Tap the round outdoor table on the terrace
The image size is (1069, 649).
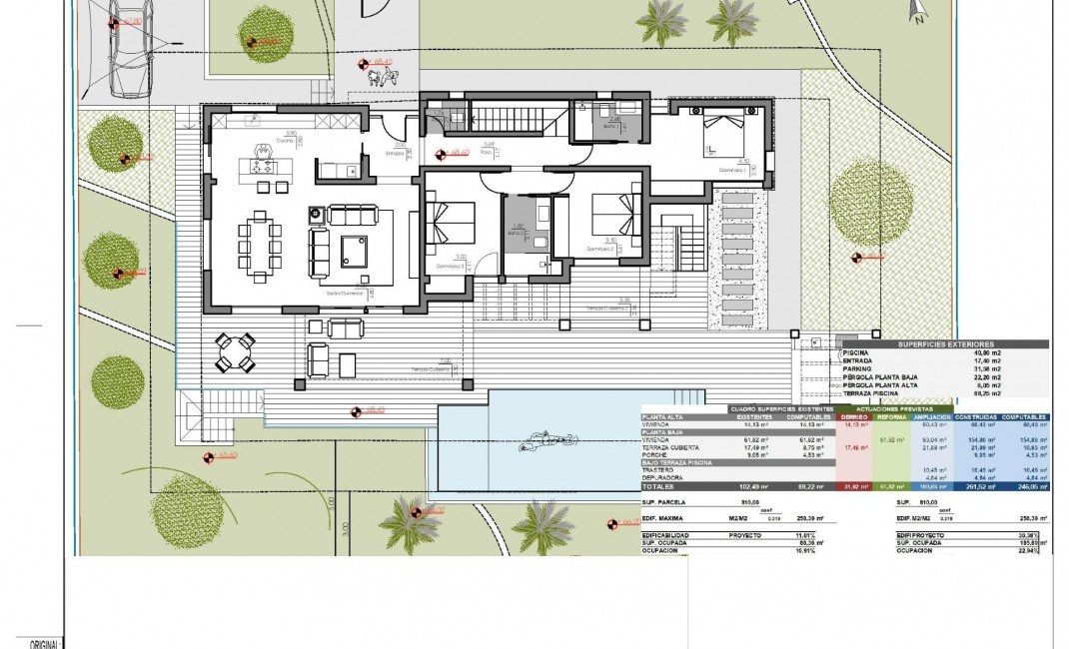click(x=236, y=351)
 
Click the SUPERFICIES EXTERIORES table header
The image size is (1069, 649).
click(x=944, y=342)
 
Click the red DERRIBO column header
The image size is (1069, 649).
click(x=853, y=417)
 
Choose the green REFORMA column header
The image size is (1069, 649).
click(x=891, y=417)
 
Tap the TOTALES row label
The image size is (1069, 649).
click(x=659, y=486)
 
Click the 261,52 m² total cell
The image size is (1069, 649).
click(x=974, y=486)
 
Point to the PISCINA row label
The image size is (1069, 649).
click(x=855, y=352)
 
